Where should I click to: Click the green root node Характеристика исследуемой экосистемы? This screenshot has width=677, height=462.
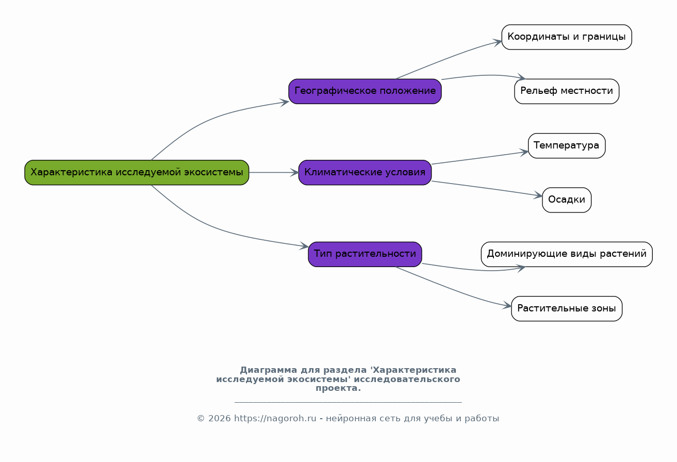coord(137,173)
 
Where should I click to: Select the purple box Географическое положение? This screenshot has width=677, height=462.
coord(365,91)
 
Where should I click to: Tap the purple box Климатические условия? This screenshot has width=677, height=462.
coord(365,173)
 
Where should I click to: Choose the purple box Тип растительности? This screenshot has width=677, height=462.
coord(365,254)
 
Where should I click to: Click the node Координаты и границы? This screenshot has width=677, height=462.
coord(567,37)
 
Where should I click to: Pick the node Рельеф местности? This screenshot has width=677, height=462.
coord(567,91)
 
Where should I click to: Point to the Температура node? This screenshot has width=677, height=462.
coord(567,145)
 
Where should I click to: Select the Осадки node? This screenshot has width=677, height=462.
coord(567,200)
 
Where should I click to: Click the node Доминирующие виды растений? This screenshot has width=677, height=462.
coord(567,254)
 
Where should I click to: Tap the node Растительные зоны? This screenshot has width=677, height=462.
coord(567,308)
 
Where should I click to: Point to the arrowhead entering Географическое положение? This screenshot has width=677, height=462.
coord(285,103)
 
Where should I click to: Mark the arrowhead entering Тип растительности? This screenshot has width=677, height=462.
coord(304,245)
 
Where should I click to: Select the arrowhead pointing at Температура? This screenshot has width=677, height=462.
coord(524,152)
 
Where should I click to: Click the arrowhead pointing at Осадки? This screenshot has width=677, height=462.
coord(538,195)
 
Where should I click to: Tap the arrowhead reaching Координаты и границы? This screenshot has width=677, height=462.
coord(498,42)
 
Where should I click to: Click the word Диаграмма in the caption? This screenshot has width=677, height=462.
coord(269,370)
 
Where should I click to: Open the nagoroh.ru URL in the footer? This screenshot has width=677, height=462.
coord(275,419)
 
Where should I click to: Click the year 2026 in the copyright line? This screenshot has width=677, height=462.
coord(220,419)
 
